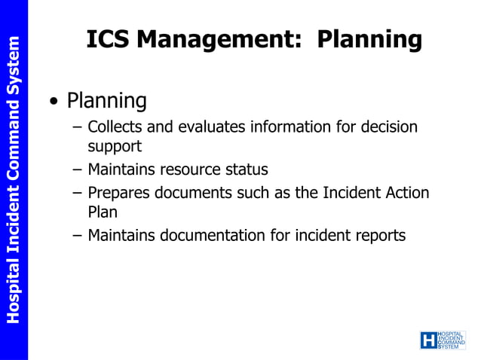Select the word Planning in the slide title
369,40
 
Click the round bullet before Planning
53,102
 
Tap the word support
115,148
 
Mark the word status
247,170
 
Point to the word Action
406,193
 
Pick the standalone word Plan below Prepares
103,213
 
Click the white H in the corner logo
428,340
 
